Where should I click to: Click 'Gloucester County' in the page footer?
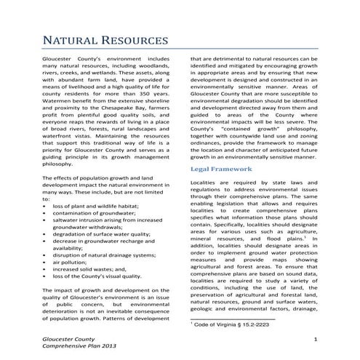(x=68, y=340)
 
